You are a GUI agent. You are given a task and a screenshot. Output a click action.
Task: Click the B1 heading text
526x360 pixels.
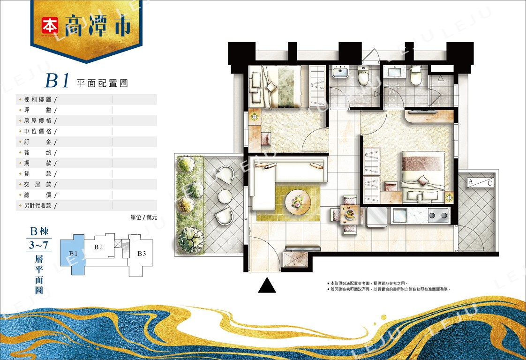[x=57, y=82]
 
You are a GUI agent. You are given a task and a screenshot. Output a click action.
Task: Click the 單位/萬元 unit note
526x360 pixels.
[x=143, y=217]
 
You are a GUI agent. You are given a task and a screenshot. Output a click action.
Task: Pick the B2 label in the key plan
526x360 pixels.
[x=98, y=247]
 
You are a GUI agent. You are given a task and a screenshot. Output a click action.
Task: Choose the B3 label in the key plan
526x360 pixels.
[x=142, y=254]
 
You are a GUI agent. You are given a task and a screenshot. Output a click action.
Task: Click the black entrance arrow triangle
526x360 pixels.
[x=267, y=285]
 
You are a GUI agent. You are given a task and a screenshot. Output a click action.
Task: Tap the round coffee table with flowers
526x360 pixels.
[x=298, y=202]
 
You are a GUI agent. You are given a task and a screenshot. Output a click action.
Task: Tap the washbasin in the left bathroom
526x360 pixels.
[x=340, y=73]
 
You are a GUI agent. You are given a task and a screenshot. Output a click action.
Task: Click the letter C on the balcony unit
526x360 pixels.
[x=489, y=183]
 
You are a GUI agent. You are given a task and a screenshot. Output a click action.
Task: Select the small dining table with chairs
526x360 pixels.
[x=348, y=214]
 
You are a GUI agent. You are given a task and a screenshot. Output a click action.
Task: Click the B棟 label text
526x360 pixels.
[x=39, y=232]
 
